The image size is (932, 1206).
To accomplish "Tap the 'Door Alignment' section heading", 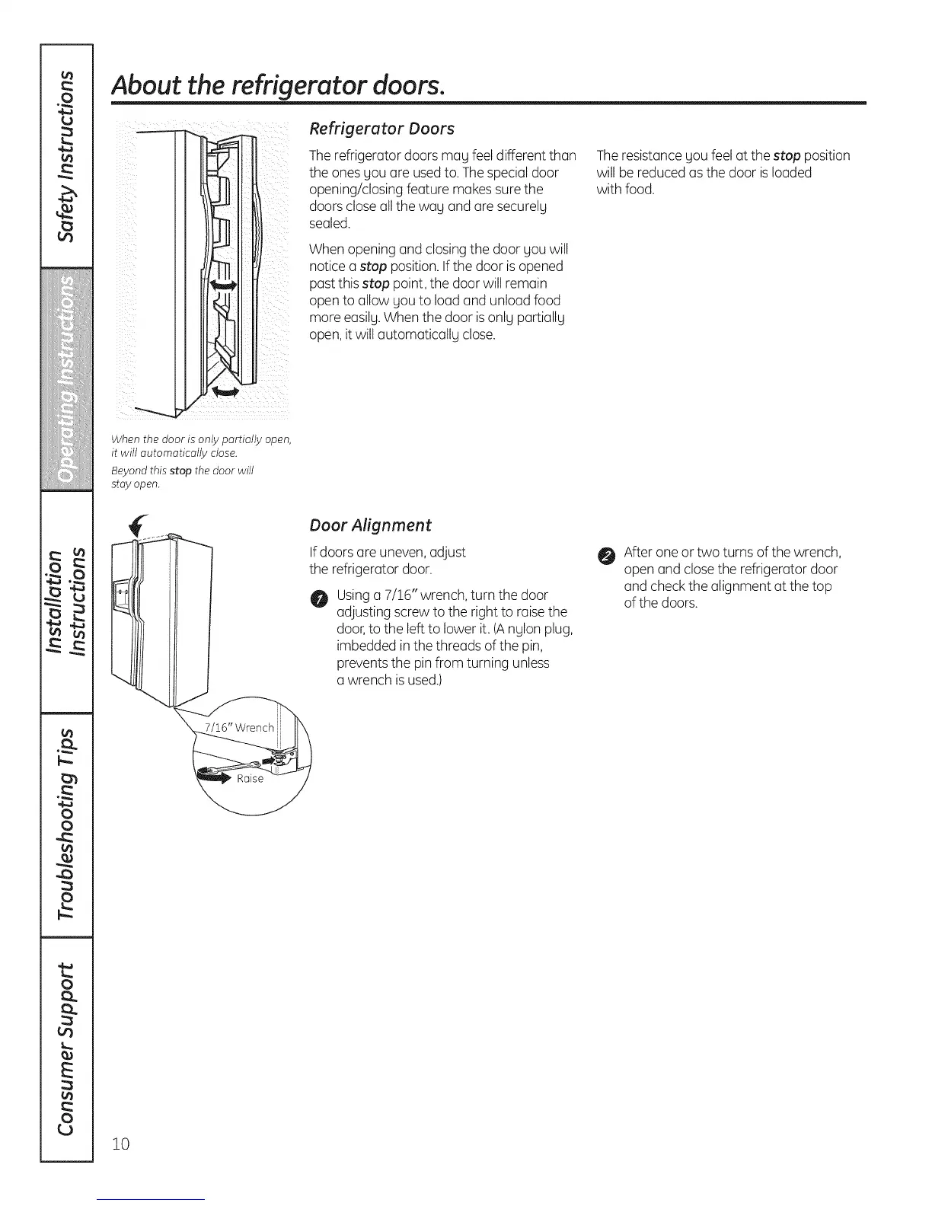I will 370,525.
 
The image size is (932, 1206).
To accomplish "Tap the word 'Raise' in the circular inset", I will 250,779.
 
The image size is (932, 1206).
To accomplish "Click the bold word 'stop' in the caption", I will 180,471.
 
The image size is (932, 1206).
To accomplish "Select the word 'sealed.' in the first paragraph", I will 329,223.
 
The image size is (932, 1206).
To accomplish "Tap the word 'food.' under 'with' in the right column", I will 639,190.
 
